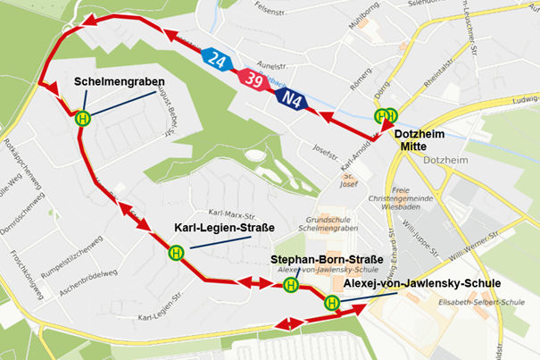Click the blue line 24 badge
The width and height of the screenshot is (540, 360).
(218, 61)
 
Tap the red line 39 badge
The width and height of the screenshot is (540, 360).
(253, 80)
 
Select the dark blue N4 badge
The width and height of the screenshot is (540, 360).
(291, 98)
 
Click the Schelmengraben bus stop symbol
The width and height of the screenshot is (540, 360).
(83, 117)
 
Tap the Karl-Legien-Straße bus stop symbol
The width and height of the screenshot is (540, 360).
(176, 252)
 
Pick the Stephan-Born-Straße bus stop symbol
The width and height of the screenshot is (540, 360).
(290, 285)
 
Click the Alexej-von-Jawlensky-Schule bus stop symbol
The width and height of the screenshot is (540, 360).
(332, 302)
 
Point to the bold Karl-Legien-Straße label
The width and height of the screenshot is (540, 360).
(223, 227)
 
